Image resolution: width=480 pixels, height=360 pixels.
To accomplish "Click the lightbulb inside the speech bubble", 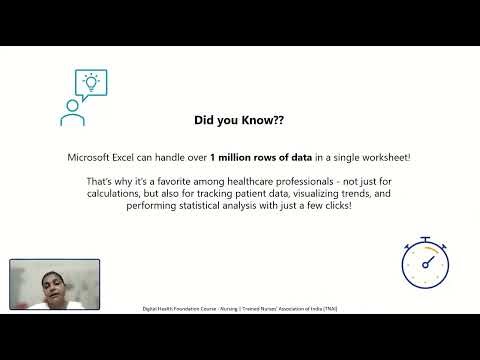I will (x=91, y=81).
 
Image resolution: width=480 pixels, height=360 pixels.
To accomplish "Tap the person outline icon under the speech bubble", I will (x=71, y=112).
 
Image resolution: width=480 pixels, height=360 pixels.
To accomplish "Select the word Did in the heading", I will (x=206, y=120).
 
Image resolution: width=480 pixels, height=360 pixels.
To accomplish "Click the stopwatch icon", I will (x=425, y=262).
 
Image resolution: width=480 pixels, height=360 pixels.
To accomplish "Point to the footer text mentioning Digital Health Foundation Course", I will (x=239, y=309).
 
